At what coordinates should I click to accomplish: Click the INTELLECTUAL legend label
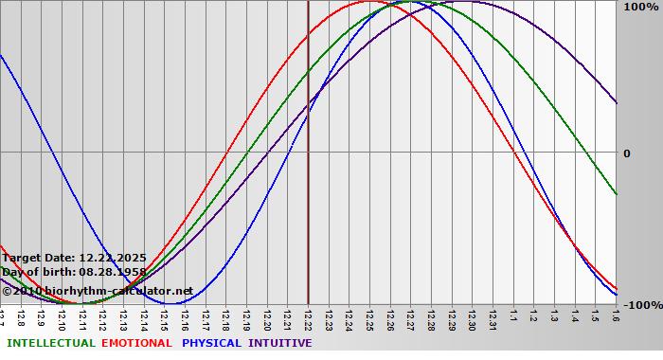pyautogui.click(x=50, y=343)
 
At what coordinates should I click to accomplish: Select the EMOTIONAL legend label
pyautogui.click(x=136, y=343)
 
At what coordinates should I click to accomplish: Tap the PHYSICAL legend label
pyautogui.click(x=211, y=343)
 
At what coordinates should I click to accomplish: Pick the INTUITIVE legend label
pyautogui.click(x=279, y=343)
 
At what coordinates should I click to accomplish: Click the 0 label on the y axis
pyautogui.click(x=626, y=153)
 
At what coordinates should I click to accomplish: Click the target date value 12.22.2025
pyautogui.click(x=112, y=258)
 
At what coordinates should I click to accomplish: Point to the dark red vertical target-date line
pyautogui.click(x=308, y=189)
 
